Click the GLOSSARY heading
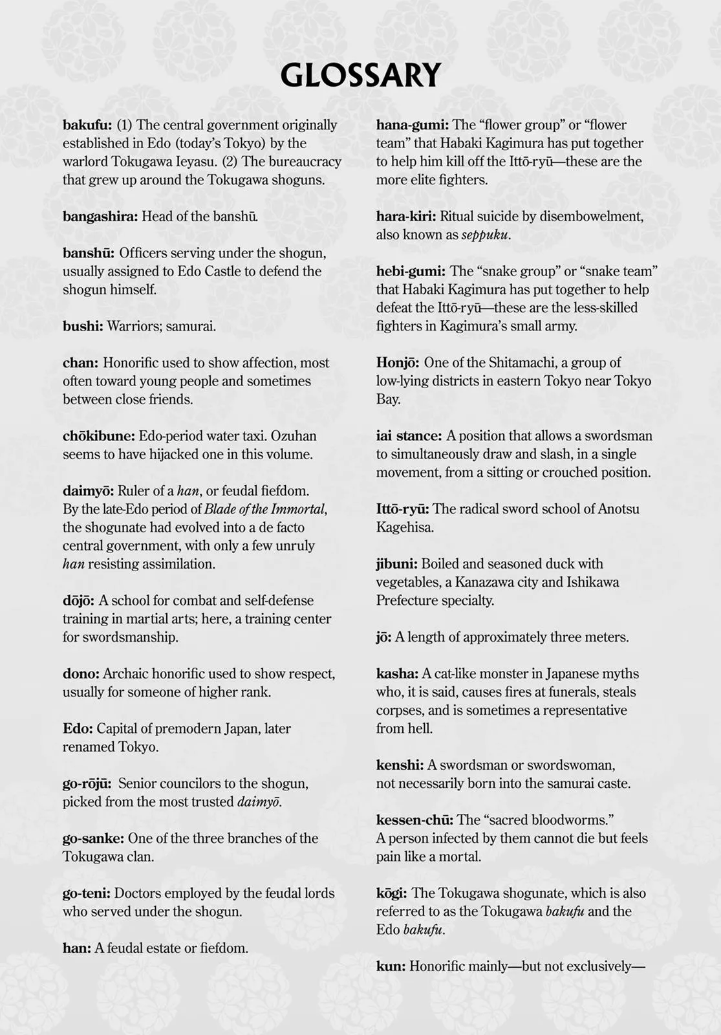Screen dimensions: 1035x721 (360, 75)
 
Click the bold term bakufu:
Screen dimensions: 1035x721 (87, 125)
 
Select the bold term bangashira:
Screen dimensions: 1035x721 (100, 217)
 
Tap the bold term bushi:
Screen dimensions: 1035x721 (83, 326)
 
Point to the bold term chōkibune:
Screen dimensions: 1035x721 (99, 436)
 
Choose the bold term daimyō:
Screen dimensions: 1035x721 (88, 491)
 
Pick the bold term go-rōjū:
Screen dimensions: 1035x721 (87, 783)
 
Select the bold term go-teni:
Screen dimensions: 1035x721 (87, 893)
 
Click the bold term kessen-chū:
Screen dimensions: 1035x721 (414, 820)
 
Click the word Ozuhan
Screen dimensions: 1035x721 (298, 436)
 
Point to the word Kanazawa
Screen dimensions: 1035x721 (485, 582)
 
